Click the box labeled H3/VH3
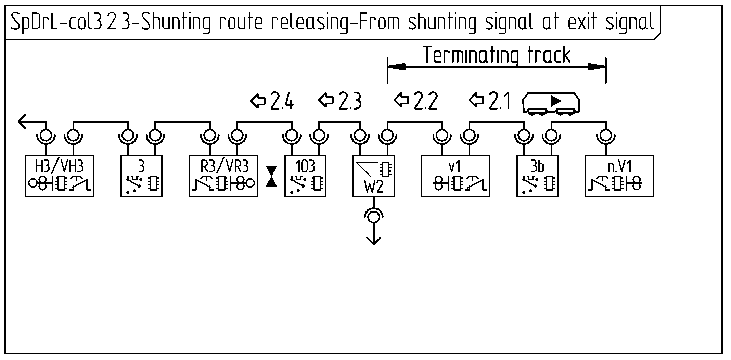(x=60, y=176)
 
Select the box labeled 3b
(x=537, y=176)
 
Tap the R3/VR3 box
(x=223, y=176)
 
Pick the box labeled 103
(x=305, y=176)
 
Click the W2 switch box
(x=374, y=176)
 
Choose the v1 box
(x=456, y=176)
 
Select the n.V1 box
(x=619, y=176)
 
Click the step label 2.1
(x=499, y=101)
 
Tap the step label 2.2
(x=425, y=101)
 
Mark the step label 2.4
(x=282, y=101)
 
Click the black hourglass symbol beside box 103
(x=272, y=176)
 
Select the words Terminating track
(x=497, y=55)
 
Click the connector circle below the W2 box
(x=373, y=216)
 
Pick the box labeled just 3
(x=141, y=176)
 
